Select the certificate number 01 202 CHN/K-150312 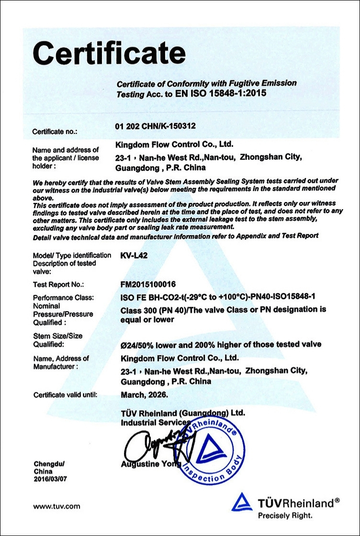click(x=156, y=126)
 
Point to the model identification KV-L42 click(x=135, y=255)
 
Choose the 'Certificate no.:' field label click(x=55, y=131)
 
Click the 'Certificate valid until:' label click(x=65, y=395)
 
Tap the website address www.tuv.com click(x=56, y=506)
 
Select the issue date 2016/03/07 click(x=49, y=479)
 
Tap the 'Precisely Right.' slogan click(x=285, y=516)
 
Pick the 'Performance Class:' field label click(x=63, y=298)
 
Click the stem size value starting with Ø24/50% click(x=221, y=345)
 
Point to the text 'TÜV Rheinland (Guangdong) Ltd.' click(x=183, y=413)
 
